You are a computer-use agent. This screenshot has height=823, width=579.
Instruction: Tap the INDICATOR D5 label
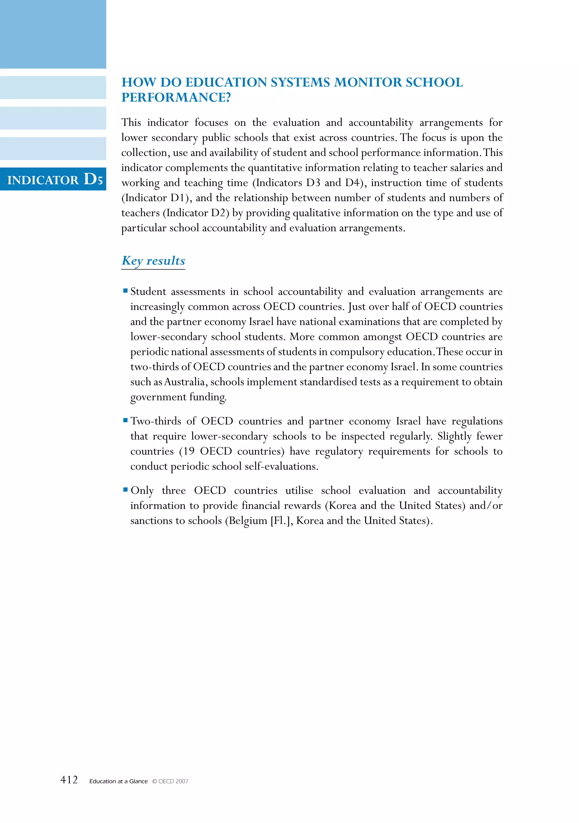55,179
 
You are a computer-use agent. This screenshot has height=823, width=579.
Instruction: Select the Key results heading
153,260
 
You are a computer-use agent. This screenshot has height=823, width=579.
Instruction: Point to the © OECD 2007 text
170,781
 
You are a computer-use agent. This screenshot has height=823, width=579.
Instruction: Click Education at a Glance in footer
118,781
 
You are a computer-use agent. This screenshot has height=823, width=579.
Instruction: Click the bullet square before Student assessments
126,291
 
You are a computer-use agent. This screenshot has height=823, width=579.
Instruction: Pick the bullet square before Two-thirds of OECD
126,420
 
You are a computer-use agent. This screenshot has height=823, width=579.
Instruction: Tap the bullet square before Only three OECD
126,489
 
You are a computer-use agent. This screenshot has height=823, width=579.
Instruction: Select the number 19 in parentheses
189,451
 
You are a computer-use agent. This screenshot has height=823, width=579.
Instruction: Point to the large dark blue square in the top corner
53,34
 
